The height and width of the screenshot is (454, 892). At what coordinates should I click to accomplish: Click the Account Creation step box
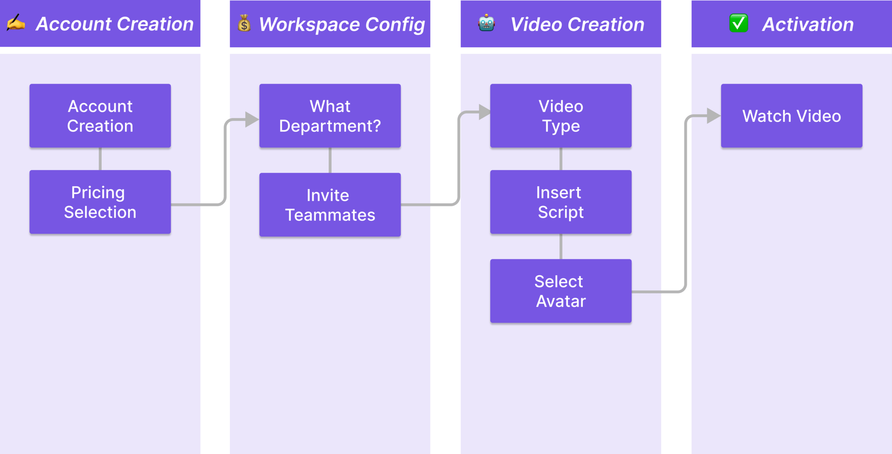coord(100,116)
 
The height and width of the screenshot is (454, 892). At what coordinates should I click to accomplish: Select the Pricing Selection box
coord(100,202)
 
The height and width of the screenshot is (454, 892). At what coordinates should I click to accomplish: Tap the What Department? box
coord(330,116)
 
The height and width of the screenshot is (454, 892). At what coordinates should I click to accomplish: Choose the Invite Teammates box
coord(330,204)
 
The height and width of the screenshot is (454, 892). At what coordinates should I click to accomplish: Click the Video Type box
coord(561,116)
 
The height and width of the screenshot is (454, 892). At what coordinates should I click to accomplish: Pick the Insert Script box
coord(561,202)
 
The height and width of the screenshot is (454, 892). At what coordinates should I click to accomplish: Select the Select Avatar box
coord(561,291)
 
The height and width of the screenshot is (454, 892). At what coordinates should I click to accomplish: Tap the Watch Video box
coord(791,116)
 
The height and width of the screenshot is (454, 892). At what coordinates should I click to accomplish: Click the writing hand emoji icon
coord(16,23)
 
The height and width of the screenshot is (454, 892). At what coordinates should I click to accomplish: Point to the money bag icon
coord(244,23)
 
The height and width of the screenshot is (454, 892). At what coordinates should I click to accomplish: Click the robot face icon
coord(486,23)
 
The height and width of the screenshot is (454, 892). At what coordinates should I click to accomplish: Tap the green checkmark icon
coord(738,23)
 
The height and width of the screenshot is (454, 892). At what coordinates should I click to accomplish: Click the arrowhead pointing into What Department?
coord(251,119)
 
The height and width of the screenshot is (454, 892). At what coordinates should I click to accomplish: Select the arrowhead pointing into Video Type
coord(484,112)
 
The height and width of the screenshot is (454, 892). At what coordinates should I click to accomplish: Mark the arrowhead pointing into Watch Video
coord(713,116)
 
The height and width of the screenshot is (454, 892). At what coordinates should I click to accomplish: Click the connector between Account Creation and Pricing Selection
coord(100,159)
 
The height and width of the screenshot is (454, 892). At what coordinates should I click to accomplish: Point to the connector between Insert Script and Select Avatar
coord(561,246)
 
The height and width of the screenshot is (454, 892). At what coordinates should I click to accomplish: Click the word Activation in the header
coord(807,24)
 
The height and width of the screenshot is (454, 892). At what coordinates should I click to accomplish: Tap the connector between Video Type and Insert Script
coord(561,159)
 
